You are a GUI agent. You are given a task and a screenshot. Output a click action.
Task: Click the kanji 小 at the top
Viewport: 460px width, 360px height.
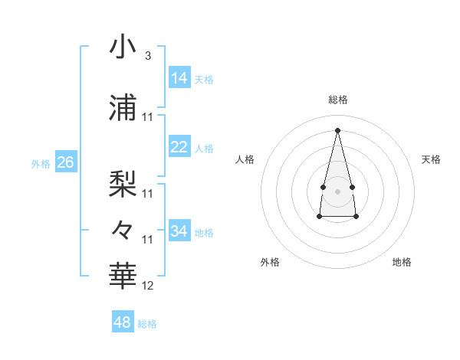[123, 47]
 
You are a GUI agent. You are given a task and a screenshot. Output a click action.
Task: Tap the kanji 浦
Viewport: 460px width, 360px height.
[123, 106]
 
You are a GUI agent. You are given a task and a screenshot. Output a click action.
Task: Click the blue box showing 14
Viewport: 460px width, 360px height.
[179, 78]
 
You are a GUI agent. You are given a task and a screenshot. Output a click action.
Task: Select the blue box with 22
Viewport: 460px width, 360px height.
[179, 147]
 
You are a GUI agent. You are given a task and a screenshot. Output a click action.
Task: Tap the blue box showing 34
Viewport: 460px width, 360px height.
[179, 231]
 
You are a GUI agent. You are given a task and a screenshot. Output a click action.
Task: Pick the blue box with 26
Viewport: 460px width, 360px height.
[65, 162]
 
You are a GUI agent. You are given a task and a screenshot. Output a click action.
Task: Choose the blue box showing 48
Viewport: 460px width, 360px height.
[123, 322]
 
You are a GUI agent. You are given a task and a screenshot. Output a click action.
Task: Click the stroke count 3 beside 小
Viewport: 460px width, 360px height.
[148, 57]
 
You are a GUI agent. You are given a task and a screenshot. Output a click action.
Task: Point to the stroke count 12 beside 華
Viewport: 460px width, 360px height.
[148, 286]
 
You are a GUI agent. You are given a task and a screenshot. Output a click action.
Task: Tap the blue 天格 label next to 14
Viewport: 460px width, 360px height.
[204, 79]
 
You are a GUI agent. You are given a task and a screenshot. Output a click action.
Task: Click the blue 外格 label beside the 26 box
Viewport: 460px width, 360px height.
[41, 163]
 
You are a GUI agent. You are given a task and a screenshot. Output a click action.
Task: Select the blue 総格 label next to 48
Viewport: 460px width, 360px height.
[147, 323]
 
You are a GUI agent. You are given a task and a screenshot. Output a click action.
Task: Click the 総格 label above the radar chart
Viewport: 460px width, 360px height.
[337, 100]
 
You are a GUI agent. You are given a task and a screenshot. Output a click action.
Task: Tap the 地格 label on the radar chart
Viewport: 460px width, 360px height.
[402, 262]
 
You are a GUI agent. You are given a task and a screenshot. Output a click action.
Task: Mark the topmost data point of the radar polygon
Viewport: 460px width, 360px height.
[337, 129]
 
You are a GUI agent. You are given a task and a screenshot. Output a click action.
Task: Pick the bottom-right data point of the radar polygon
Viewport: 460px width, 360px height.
[356, 217]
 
